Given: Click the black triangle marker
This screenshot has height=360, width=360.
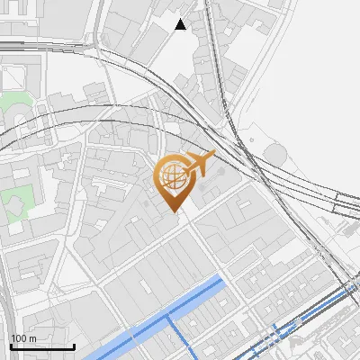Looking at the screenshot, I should tap(181, 24).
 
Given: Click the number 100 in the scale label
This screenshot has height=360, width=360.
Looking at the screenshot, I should tap(19, 339).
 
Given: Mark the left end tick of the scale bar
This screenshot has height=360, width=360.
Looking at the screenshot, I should tap(11, 346).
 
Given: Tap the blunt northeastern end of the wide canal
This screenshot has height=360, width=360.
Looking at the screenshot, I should tap(220, 283).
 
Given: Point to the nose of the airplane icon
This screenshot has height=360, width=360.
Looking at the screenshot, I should tap(213, 154).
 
